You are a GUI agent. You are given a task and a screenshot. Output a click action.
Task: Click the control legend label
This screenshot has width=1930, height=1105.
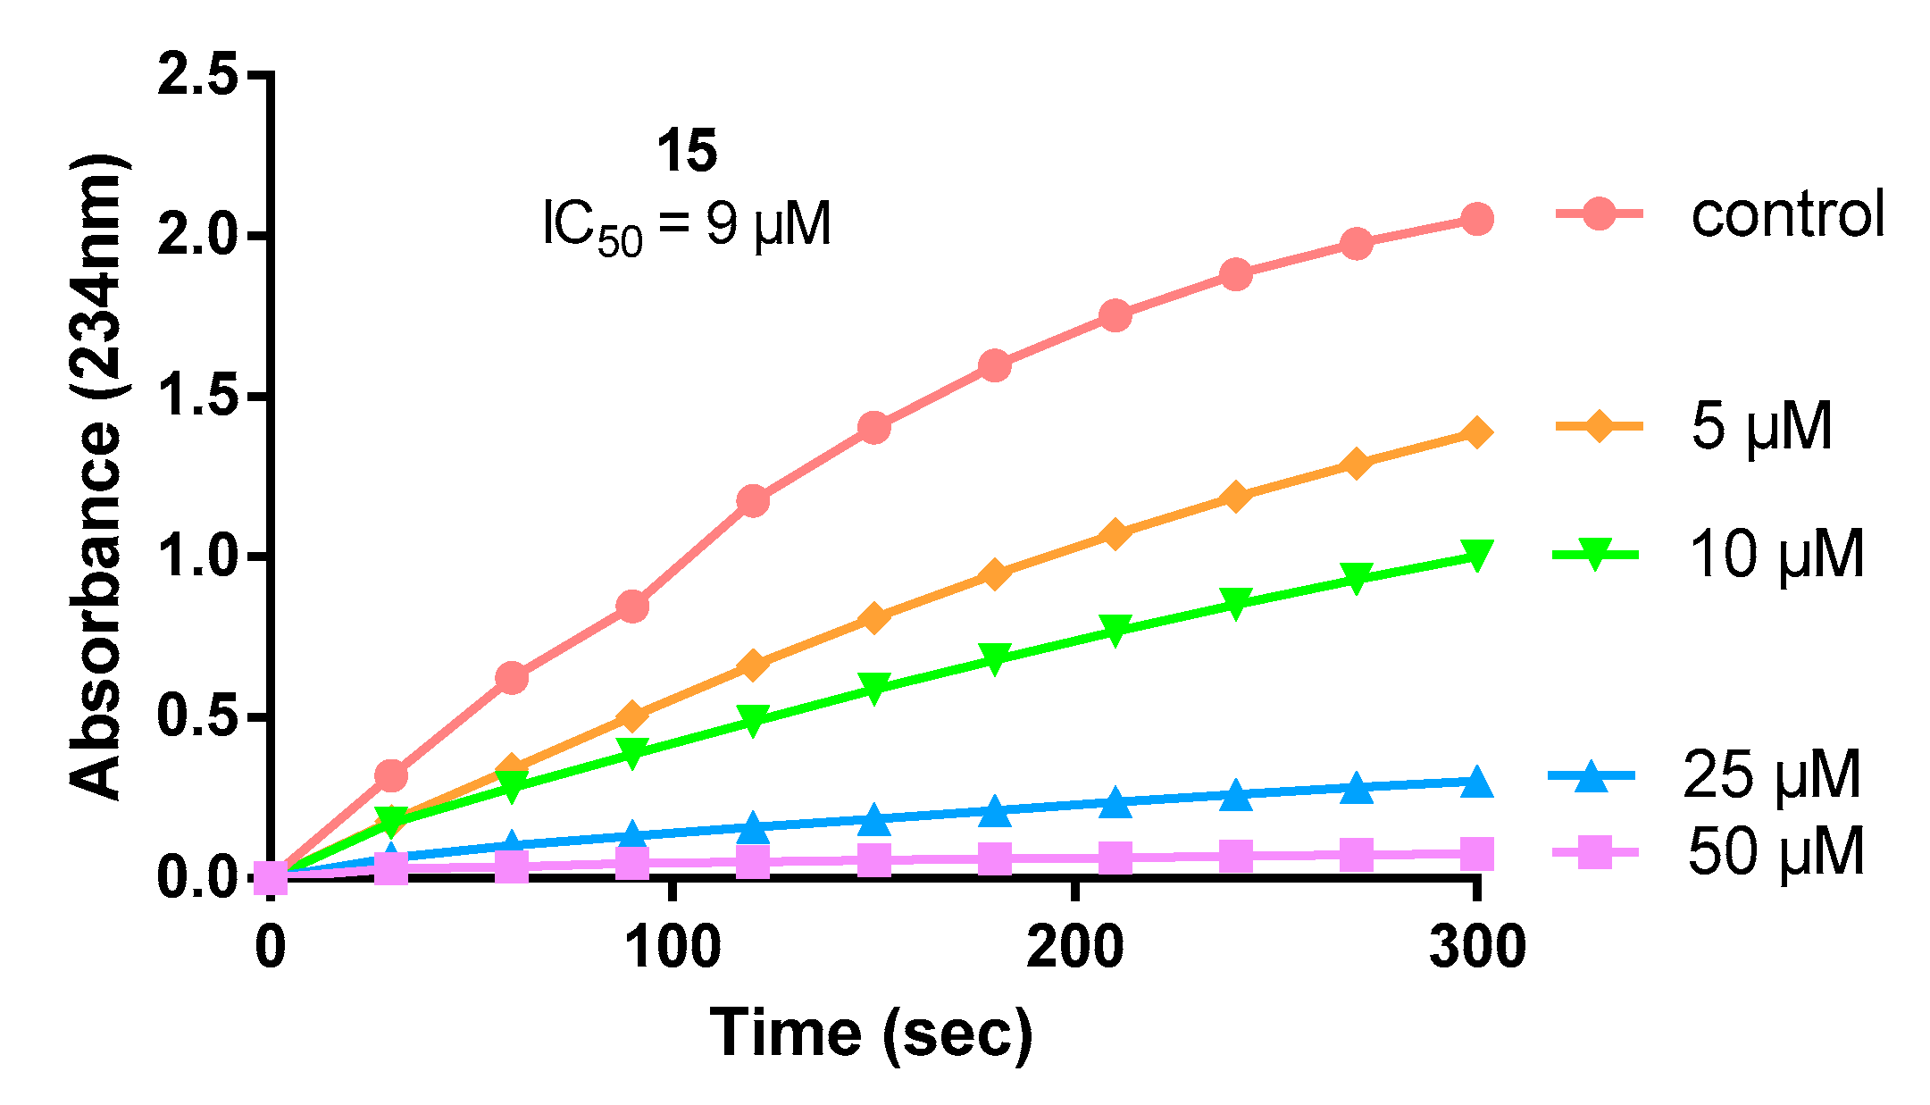tap(1787, 214)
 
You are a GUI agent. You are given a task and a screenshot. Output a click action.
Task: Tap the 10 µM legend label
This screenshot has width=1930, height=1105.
tap(1776, 555)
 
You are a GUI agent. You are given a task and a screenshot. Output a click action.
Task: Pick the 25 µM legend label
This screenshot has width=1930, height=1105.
tap(1772, 774)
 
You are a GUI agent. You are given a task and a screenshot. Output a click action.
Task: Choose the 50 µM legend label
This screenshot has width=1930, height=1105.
tap(1776, 851)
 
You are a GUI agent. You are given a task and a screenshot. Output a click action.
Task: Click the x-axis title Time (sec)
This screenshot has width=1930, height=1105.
tap(871, 1033)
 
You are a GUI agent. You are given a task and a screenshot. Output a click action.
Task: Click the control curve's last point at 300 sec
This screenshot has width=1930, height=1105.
tap(1477, 219)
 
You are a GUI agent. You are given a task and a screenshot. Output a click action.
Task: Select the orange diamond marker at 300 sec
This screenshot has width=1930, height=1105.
tap(1477, 433)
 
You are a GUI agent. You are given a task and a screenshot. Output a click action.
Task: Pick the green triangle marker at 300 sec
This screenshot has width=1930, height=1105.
tap(1477, 555)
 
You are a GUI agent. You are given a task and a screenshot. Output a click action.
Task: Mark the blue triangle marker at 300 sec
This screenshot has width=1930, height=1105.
tap(1477, 782)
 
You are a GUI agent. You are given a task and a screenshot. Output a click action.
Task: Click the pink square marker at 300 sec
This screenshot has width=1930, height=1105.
tap(1477, 854)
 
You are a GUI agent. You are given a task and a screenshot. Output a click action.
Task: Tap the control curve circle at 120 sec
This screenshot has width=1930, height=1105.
tap(753, 501)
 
